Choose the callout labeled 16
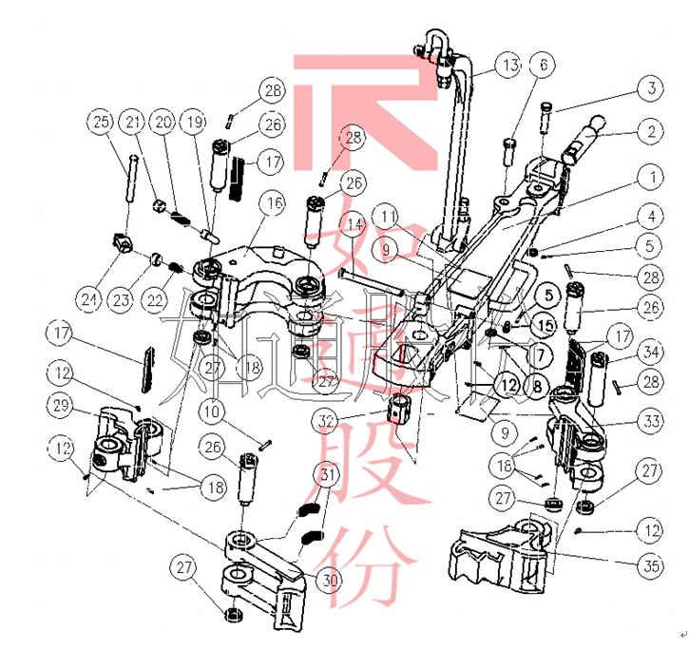[274, 203]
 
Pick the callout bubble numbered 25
[101, 122]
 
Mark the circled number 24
[90, 300]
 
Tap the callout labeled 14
[354, 224]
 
